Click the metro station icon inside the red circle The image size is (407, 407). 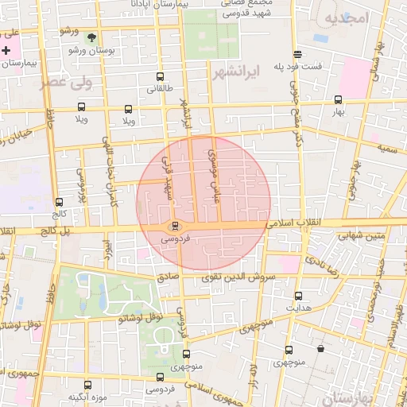[176, 226]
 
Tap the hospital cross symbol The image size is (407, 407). [6, 50]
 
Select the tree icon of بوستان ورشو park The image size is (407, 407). [92, 37]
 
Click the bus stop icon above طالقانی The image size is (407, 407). [161, 78]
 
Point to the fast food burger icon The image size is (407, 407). [297, 54]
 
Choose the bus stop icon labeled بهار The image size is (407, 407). [339, 100]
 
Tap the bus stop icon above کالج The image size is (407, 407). [59, 203]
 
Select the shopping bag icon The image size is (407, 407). [320, 348]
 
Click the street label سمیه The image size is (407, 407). [387, 148]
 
